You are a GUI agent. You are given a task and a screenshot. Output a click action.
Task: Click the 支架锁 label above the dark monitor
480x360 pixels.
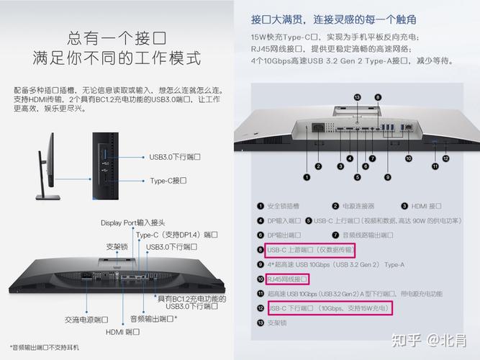[117, 247]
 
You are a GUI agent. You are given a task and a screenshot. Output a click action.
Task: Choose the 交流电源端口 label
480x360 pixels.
[86, 319]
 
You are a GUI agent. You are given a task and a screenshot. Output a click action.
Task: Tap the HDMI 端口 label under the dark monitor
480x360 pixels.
[122, 332]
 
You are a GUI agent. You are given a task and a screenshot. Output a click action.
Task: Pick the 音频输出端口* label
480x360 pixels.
[153, 319]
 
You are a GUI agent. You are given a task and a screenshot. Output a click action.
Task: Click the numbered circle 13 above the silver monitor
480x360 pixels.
[358, 97]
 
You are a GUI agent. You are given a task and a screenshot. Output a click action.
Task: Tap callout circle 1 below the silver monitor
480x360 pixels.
[307, 176]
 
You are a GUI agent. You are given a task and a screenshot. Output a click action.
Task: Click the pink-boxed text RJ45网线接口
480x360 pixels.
[287, 279]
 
